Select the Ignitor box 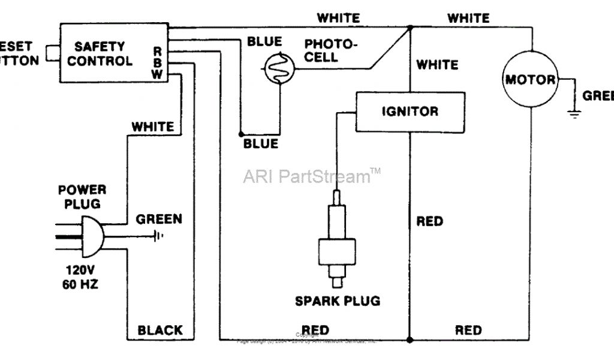tap(410, 112)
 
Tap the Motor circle tap(530, 80)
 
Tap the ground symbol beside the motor tap(574, 112)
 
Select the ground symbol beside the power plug tap(158, 235)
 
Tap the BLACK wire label tap(160, 330)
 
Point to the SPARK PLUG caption tap(337, 301)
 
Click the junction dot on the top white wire tap(410, 28)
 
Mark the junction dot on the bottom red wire tap(410, 340)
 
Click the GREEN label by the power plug tap(159, 219)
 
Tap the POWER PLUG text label tap(82, 197)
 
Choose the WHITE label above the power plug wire tap(153, 127)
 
